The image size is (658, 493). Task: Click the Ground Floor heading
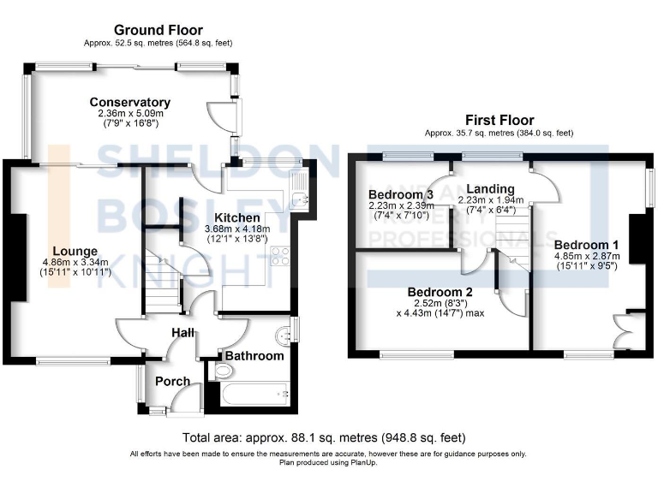159,30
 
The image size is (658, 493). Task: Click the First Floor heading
499,121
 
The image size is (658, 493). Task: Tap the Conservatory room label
130,103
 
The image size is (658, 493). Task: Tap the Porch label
172,381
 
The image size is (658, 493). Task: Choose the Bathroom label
254,355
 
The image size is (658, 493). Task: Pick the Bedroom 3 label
401,193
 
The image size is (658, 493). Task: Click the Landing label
491,189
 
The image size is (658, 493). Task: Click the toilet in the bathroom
223,371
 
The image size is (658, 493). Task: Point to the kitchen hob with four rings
279,257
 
